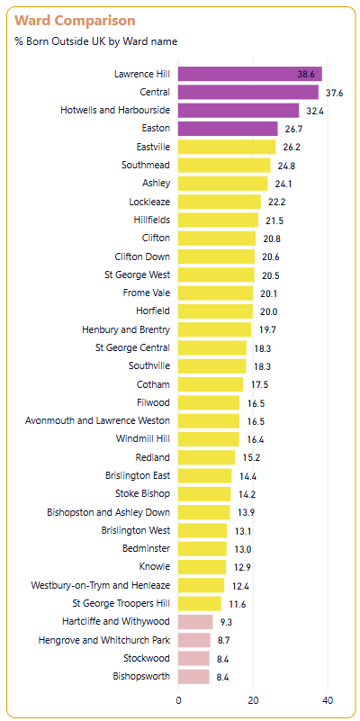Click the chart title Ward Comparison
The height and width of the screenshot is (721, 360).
75,21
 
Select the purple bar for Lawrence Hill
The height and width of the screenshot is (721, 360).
250,74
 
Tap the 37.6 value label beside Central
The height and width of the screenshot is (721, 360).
335,93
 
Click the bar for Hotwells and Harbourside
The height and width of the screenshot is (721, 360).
238,111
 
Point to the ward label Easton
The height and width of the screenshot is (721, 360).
156,129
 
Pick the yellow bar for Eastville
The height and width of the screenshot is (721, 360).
227,147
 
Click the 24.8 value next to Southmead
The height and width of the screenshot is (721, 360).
286,166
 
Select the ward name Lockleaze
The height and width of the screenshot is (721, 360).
150,202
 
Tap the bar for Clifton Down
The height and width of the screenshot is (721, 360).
217,257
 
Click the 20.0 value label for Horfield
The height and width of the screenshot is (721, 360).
268,311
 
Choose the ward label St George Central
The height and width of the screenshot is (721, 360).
132,347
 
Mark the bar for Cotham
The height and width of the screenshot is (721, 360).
211,384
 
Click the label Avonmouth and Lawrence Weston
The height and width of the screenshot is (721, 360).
97,420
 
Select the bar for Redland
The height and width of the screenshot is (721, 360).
206,457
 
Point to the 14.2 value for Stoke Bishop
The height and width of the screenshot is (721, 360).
247,495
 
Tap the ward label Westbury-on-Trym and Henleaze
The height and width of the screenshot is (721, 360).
100,585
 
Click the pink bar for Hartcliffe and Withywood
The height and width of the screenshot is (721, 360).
195,622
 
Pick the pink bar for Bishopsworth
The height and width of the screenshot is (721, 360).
194,676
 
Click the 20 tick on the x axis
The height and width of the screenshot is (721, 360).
253,701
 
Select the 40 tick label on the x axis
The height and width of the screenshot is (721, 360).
328,701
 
